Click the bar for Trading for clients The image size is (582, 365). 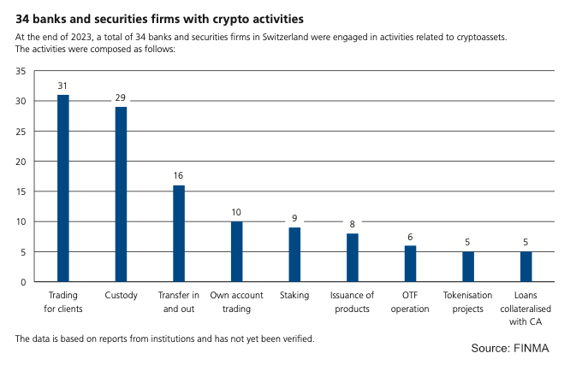coord(62,188)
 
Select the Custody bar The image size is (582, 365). coord(121,194)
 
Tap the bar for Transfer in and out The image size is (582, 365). coord(178,233)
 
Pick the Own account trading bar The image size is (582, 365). coord(236,251)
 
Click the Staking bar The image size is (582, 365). coord(294,255)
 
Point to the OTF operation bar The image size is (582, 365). coord(410,263)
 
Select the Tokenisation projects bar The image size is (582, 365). coord(468,267)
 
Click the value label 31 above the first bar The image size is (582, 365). coord(62,86)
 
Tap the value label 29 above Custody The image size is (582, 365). coord(121,98)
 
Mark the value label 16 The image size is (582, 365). coord(178,176)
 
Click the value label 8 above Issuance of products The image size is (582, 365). coord(352,225)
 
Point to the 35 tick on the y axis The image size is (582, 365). coord(21,71)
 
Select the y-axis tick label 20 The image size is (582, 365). coord(21,162)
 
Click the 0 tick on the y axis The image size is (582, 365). coord(23,282)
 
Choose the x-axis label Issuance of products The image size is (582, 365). coord(352,303)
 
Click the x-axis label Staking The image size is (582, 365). coord(294,297)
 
